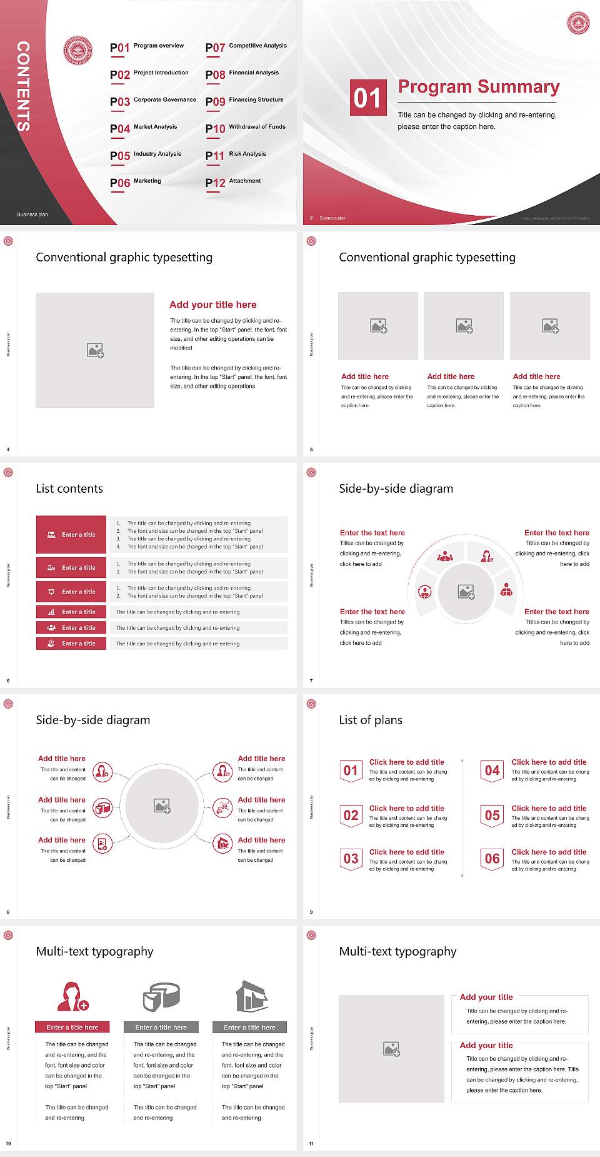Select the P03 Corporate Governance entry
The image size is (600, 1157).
(152, 101)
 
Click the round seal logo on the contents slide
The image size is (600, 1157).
(78, 51)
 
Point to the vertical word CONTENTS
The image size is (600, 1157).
(23, 86)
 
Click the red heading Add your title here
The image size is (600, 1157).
(212, 305)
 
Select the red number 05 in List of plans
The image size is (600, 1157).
(492, 816)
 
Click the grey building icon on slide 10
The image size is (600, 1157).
(252, 996)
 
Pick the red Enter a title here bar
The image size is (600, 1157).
(72, 1027)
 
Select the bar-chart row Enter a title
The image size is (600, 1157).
(72, 612)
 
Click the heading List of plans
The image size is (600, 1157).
(371, 720)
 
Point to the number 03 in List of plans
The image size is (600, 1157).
(351, 859)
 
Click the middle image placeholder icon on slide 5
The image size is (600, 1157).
(464, 326)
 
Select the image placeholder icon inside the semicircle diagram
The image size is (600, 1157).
(466, 592)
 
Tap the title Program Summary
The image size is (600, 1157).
(478, 87)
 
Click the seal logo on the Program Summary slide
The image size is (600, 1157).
(578, 23)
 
